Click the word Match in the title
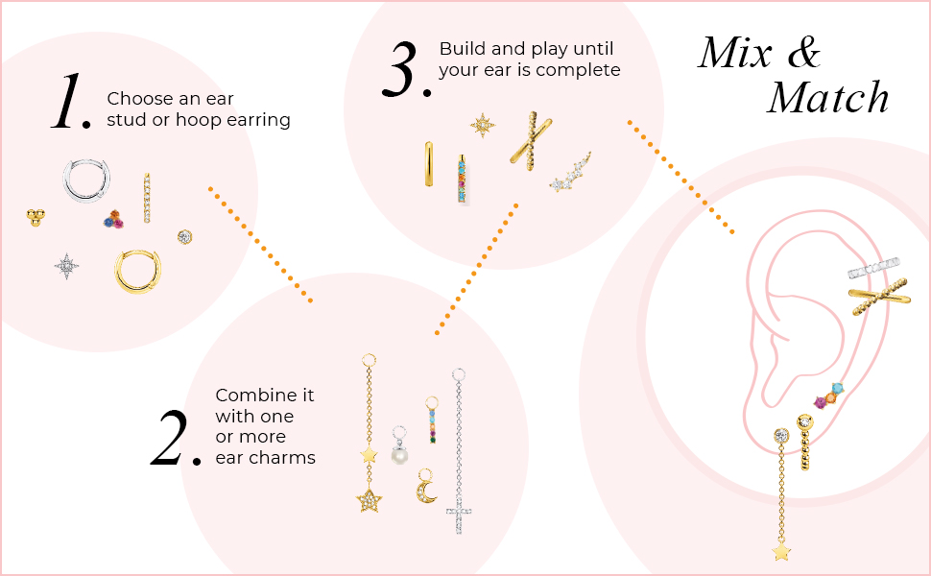pyautogui.click(x=828, y=97)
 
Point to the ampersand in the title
pyautogui.click(x=801, y=53)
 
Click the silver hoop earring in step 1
pyautogui.click(x=86, y=180)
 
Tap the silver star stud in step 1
pyautogui.click(x=66, y=266)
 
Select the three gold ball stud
pyautogui.click(x=35, y=217)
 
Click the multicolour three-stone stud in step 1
pyautogui.click(x=114, y=220)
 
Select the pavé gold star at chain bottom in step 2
pyautogui.click(x=369, y=500)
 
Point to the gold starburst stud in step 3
pyautogui.click(x=482, y=124)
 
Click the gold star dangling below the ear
pyautogui.click(x=781, y=551)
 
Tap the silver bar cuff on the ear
pyautogui.click(x=872, y=268)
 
